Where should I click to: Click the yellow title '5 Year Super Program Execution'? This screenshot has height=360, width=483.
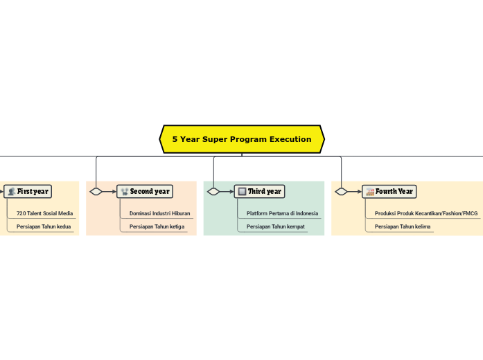[x=242, y=139]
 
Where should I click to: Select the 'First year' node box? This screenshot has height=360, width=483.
[x=28, y=191]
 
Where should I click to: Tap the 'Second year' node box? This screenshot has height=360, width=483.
[x=145, y=191]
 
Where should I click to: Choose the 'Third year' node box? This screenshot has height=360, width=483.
[x=260, y=191]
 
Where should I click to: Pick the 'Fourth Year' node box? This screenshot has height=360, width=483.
[x=389, y=191]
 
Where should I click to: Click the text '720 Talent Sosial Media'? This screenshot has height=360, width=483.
[x=44, y=213]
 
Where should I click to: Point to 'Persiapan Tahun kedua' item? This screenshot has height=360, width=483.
[x=44, y=226]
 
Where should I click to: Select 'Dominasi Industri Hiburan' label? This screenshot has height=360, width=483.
[x=159, y=213]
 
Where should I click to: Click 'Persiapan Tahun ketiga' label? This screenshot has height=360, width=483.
[x=157, y=226]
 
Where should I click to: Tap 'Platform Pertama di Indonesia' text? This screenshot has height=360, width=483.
[x=282, y=213]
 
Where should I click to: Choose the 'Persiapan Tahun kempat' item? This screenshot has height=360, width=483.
[x=275, y=226]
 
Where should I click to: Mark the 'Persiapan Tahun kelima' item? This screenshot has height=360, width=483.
[x=402, y=226]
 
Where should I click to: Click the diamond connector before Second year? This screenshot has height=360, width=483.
[x=96, y=192]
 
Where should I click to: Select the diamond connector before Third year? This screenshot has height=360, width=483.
[x=213, y=192]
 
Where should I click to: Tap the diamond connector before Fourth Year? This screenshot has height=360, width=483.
[x=341, y=192]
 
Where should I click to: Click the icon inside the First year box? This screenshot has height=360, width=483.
[x=11, y=192]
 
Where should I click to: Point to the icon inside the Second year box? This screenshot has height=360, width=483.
[x=124, y=192]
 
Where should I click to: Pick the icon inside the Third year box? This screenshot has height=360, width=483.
[x=241, y=192]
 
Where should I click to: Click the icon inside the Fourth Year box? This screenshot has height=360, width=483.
[x=369, y=192]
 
